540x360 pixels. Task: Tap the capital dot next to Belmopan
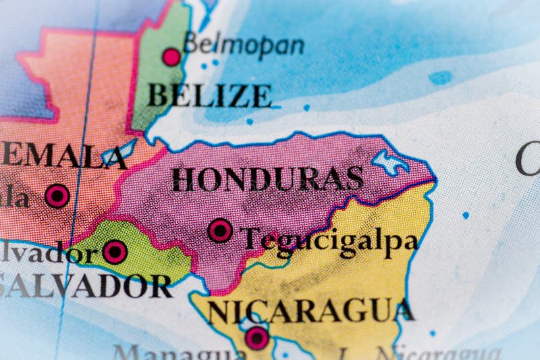coord(172,57)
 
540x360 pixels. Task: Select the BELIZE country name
coord(210,95)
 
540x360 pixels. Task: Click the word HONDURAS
coord(267,178)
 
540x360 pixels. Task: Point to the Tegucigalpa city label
coord(329,240)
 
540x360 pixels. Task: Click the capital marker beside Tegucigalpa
coord(220,230)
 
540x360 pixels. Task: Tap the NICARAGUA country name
coord(310,311)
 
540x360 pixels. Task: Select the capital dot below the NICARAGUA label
coord(256,338)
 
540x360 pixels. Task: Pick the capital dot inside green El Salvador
coord(115,252)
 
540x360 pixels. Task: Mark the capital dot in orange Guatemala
coord(57,196)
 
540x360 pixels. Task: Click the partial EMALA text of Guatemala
coord(64,155)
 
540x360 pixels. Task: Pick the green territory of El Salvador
coord(148,253)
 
